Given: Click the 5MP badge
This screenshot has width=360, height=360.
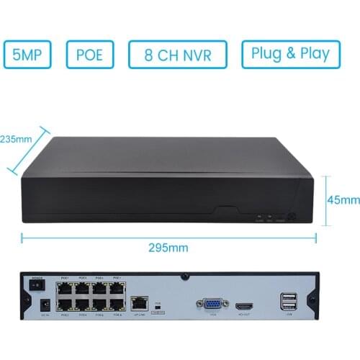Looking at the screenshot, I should [27, 55].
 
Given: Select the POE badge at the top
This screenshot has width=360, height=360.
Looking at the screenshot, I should [90, 55].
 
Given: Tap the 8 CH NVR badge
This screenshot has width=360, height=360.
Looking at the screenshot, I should [178, 55].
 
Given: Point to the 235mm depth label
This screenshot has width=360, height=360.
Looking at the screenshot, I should [16, 138].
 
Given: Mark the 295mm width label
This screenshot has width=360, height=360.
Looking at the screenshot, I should [168, 247].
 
